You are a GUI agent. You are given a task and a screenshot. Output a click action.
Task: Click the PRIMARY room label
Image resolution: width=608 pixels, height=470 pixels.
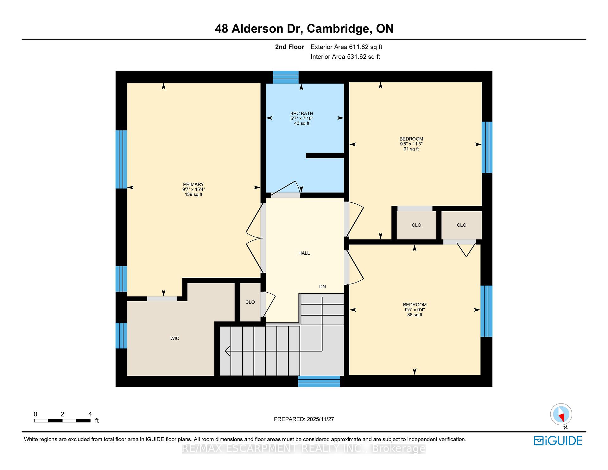click(193, 184)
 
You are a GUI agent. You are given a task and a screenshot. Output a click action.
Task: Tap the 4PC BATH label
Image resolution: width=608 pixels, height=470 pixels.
click(302, 113)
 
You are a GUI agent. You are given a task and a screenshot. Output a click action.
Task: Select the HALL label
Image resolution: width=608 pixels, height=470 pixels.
click(304, 253)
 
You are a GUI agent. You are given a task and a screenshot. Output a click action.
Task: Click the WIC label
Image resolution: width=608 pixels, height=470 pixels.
click(175, 339)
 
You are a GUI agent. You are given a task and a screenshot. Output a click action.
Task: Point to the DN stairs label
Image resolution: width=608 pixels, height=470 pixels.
click(322, 287)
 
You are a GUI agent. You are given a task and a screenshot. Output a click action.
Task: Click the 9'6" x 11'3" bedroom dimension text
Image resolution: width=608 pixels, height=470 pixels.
click(411, 144)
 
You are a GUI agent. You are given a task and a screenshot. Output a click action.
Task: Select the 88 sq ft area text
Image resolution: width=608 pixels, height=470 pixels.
click(415, 315)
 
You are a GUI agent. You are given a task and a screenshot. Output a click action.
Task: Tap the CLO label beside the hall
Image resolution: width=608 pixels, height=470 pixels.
click(250, 302)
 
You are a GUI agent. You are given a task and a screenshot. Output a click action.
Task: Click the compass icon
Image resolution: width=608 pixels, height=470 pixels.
click(561, 414)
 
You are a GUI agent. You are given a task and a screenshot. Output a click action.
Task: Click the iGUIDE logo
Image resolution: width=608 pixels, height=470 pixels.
click(558, 441)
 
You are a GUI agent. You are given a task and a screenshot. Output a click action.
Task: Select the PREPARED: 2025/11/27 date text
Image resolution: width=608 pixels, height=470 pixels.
click(304, 419)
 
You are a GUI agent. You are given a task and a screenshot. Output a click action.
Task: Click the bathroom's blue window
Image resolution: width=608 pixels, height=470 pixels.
click(286, 77)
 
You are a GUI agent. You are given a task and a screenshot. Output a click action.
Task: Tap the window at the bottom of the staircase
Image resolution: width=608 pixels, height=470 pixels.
click(319, 381)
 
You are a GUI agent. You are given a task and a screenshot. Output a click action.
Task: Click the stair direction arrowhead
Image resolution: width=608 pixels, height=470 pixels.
click(227, 351)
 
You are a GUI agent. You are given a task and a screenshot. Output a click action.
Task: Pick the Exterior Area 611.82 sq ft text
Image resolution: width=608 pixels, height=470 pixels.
click(346, 47)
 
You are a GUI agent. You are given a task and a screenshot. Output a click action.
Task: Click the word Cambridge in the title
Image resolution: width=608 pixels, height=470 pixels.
click(339, 29)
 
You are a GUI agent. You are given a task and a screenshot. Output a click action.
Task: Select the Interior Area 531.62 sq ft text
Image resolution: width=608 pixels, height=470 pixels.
click(345, 57)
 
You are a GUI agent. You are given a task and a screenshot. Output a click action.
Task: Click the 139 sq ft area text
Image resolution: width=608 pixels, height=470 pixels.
click(193, 194)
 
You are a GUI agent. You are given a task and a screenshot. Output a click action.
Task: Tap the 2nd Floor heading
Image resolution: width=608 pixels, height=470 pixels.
click(289, 47)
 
